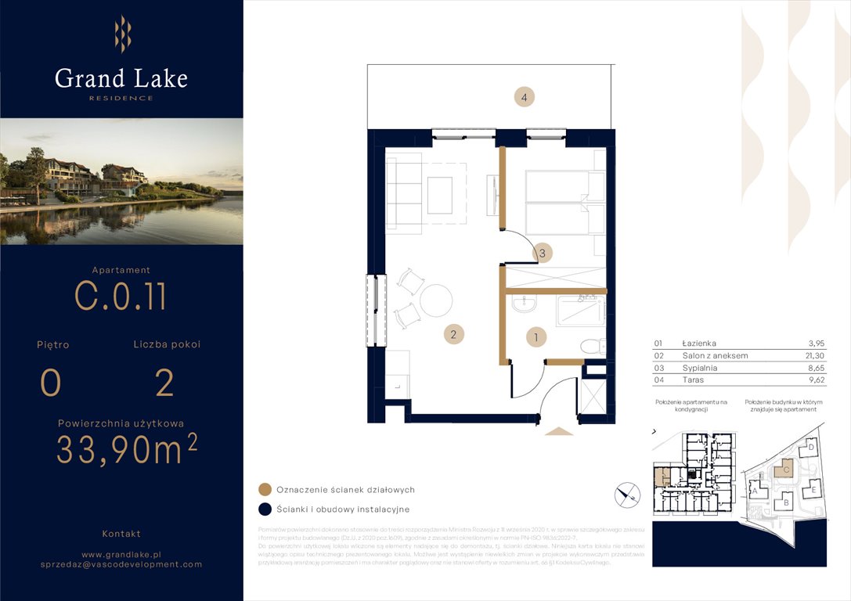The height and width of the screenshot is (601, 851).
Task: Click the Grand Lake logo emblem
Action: coord(122,34)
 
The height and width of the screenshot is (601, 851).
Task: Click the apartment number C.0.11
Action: coord(121,297)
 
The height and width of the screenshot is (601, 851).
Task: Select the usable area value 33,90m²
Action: coord(126,449)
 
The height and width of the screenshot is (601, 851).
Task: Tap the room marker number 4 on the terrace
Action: coord(525,98)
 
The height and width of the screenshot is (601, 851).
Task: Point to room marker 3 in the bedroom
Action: coord(542,253)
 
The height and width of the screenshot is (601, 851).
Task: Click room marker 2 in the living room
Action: coord(453,335)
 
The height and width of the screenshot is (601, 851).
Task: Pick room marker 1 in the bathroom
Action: coord(535,338)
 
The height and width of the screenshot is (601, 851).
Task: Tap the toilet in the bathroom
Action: coord(593,346)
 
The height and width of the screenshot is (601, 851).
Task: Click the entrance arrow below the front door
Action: coord(559,430)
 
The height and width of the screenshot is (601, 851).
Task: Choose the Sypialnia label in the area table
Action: coord(700,368)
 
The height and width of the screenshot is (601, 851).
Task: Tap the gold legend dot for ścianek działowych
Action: coord(265,490)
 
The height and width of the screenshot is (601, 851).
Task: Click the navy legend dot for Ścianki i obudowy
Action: coord(265,509)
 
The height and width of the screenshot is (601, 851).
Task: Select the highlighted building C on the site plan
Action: coord(783,469)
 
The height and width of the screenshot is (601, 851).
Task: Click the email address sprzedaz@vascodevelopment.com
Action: coord(121,563)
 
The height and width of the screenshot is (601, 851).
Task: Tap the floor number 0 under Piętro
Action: coord(51,383)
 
